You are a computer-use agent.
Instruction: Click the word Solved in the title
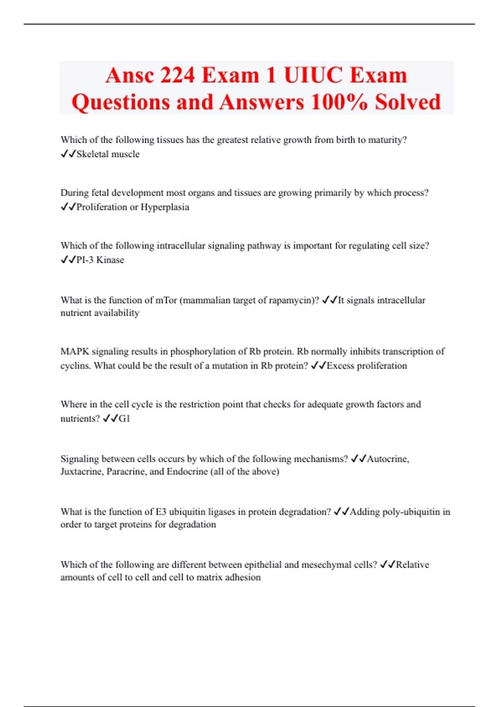(x=408, y=102)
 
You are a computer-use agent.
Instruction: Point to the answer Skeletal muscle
(x=108, y=154)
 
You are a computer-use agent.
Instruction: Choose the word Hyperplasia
(x=165, y=207)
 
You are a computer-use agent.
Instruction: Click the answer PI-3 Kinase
(x=100, y=260)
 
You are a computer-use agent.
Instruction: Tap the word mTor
(x=166, y=300)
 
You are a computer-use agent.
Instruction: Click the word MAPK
(x=75, y=351)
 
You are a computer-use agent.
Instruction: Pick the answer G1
(x=124, y=419)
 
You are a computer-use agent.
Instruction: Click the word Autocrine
(x=388, y=459)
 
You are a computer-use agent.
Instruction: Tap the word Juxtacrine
(x=82, y=472)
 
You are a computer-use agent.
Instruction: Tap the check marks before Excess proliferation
(x=318, y=366)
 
